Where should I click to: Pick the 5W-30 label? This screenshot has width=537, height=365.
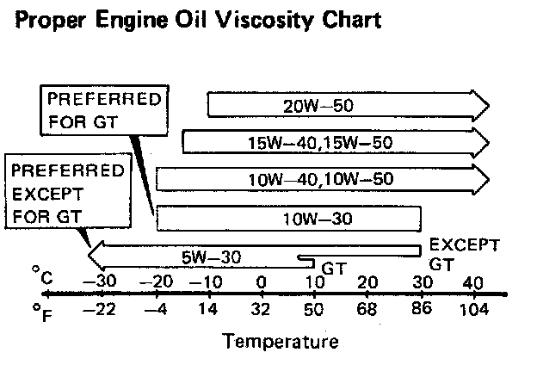click(212, 256)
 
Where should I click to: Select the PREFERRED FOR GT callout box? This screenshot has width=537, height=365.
click(104, 108)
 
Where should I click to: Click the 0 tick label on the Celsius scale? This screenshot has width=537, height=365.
click(260, 283)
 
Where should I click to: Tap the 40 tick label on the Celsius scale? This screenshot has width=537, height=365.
click(472, 283)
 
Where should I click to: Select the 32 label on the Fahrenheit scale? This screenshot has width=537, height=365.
click(260, 309)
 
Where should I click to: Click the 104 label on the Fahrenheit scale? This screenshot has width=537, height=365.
click(473, 309)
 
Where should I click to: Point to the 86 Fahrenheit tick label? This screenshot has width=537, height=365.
click(421, 309)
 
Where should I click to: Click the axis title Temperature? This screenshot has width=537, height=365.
click(281, 342)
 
